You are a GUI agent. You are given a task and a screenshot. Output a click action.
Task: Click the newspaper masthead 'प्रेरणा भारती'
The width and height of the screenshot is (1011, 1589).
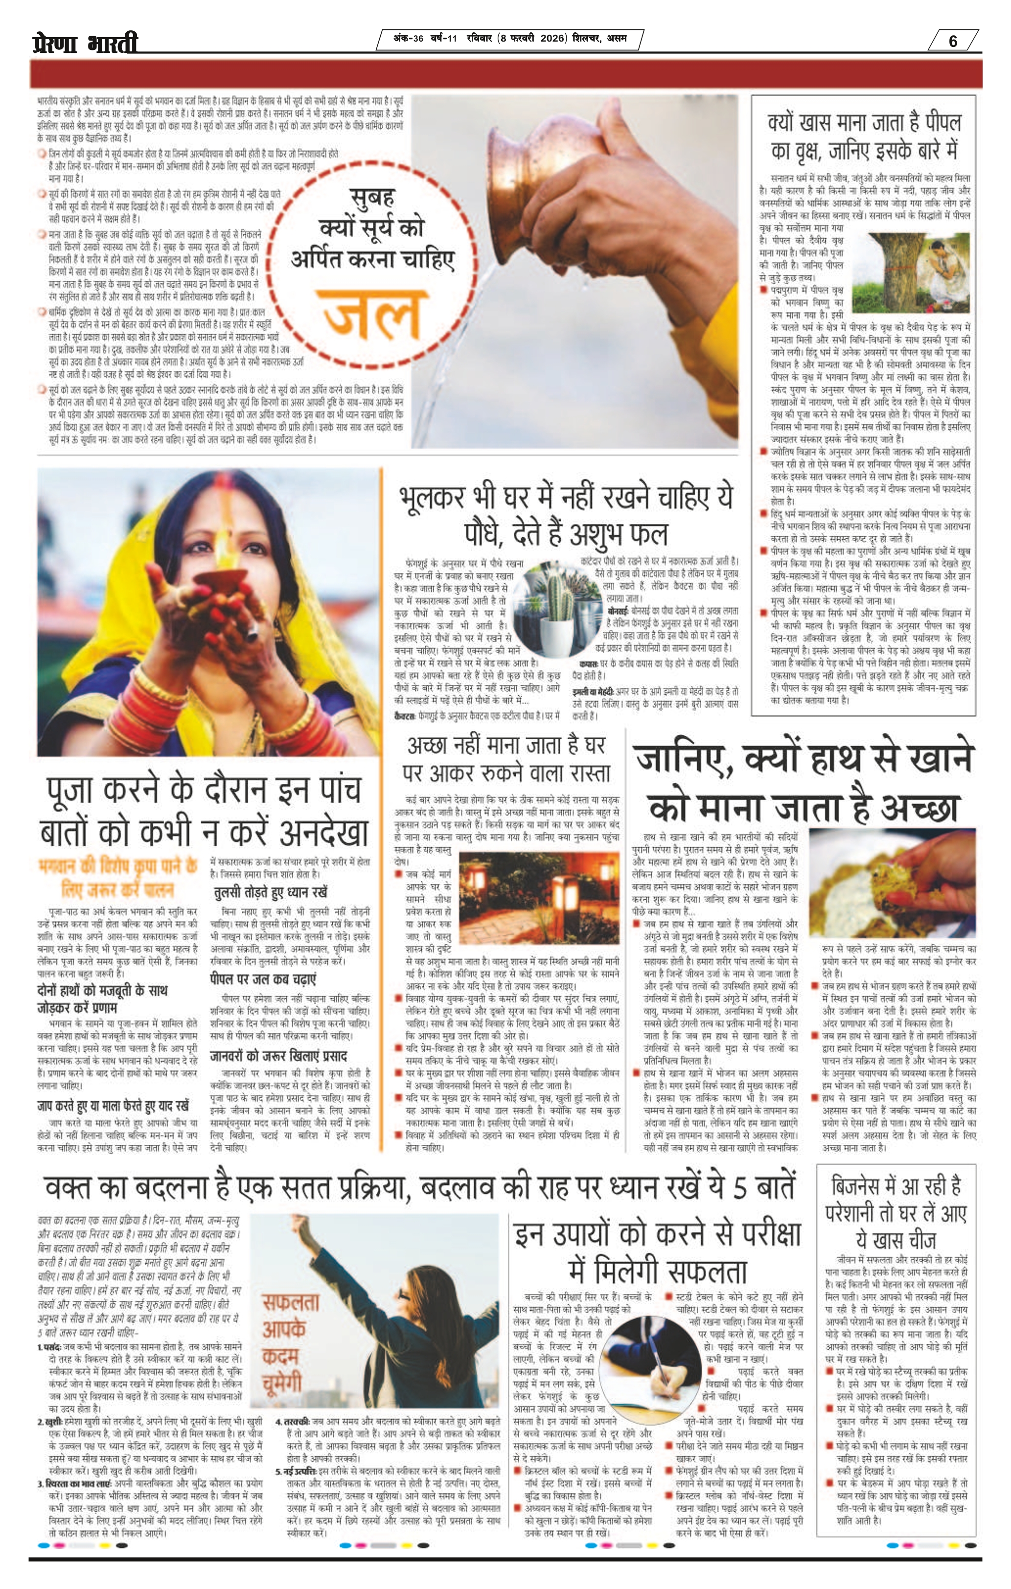click(x=85, y=43)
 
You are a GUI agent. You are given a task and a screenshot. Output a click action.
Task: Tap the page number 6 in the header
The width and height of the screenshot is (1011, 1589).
click(x=952, y=41)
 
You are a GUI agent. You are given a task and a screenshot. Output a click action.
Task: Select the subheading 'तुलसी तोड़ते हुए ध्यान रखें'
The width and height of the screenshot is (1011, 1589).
click(x=270, y=893)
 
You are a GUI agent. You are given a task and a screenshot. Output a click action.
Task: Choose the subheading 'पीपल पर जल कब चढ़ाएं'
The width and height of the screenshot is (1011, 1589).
click(x=263, y=978)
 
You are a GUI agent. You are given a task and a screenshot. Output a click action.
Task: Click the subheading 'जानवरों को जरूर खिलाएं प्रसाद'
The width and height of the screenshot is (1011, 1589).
click(x=278, y=1055)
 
